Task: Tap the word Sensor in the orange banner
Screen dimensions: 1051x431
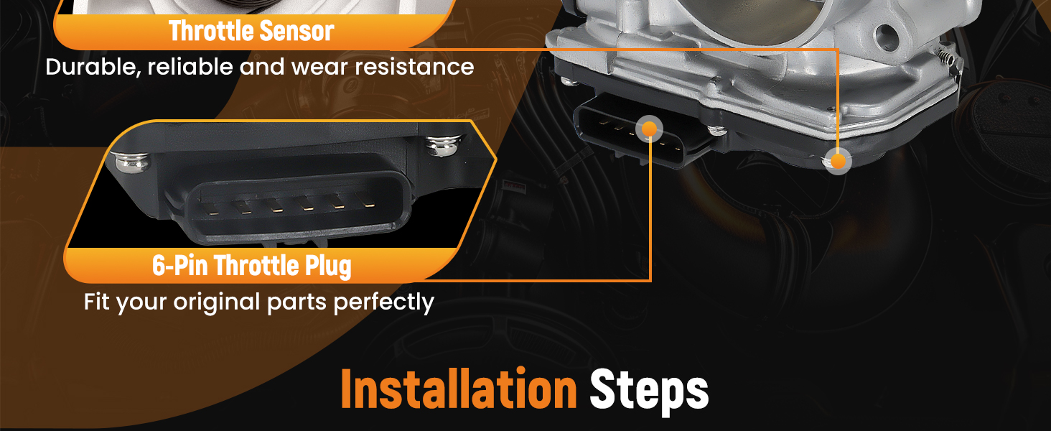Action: [x=296, y=31]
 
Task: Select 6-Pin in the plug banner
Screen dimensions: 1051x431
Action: [x=179, y=266]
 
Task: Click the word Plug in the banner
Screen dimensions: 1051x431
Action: [x=328, y=267]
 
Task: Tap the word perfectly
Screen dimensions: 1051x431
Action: [x=384, y=302]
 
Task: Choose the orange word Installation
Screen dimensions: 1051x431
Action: [x=459, y=389]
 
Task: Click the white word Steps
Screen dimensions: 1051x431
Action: [x=649, y=391]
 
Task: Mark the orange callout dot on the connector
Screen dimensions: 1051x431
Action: [x=650, y=129]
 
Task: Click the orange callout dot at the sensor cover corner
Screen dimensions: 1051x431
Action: [x=838, y=161]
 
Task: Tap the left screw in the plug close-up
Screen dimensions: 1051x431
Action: [x=133, y=162]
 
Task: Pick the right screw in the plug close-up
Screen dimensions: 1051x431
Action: [x=444, y=145]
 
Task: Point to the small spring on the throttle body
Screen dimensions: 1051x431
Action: [x=946, y=57]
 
